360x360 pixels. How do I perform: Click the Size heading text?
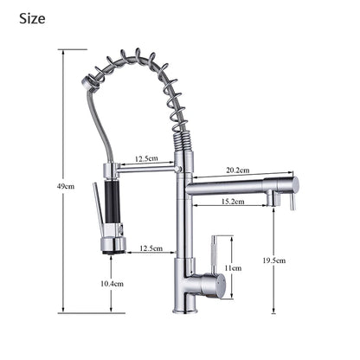[x=32, y=19]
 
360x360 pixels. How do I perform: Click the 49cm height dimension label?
[x=66, y=186]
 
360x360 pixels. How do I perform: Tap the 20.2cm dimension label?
[x=238, y=170]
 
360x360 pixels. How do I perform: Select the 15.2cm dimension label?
[x=233, y=202]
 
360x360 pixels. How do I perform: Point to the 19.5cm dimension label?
[x=274, y=260]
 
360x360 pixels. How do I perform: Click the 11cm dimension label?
[x=233, y=268]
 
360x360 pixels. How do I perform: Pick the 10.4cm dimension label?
[x=112, y=284]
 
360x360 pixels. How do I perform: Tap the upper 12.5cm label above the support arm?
[x=146, y=158]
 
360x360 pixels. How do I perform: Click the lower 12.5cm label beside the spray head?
[x=151, y=248]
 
